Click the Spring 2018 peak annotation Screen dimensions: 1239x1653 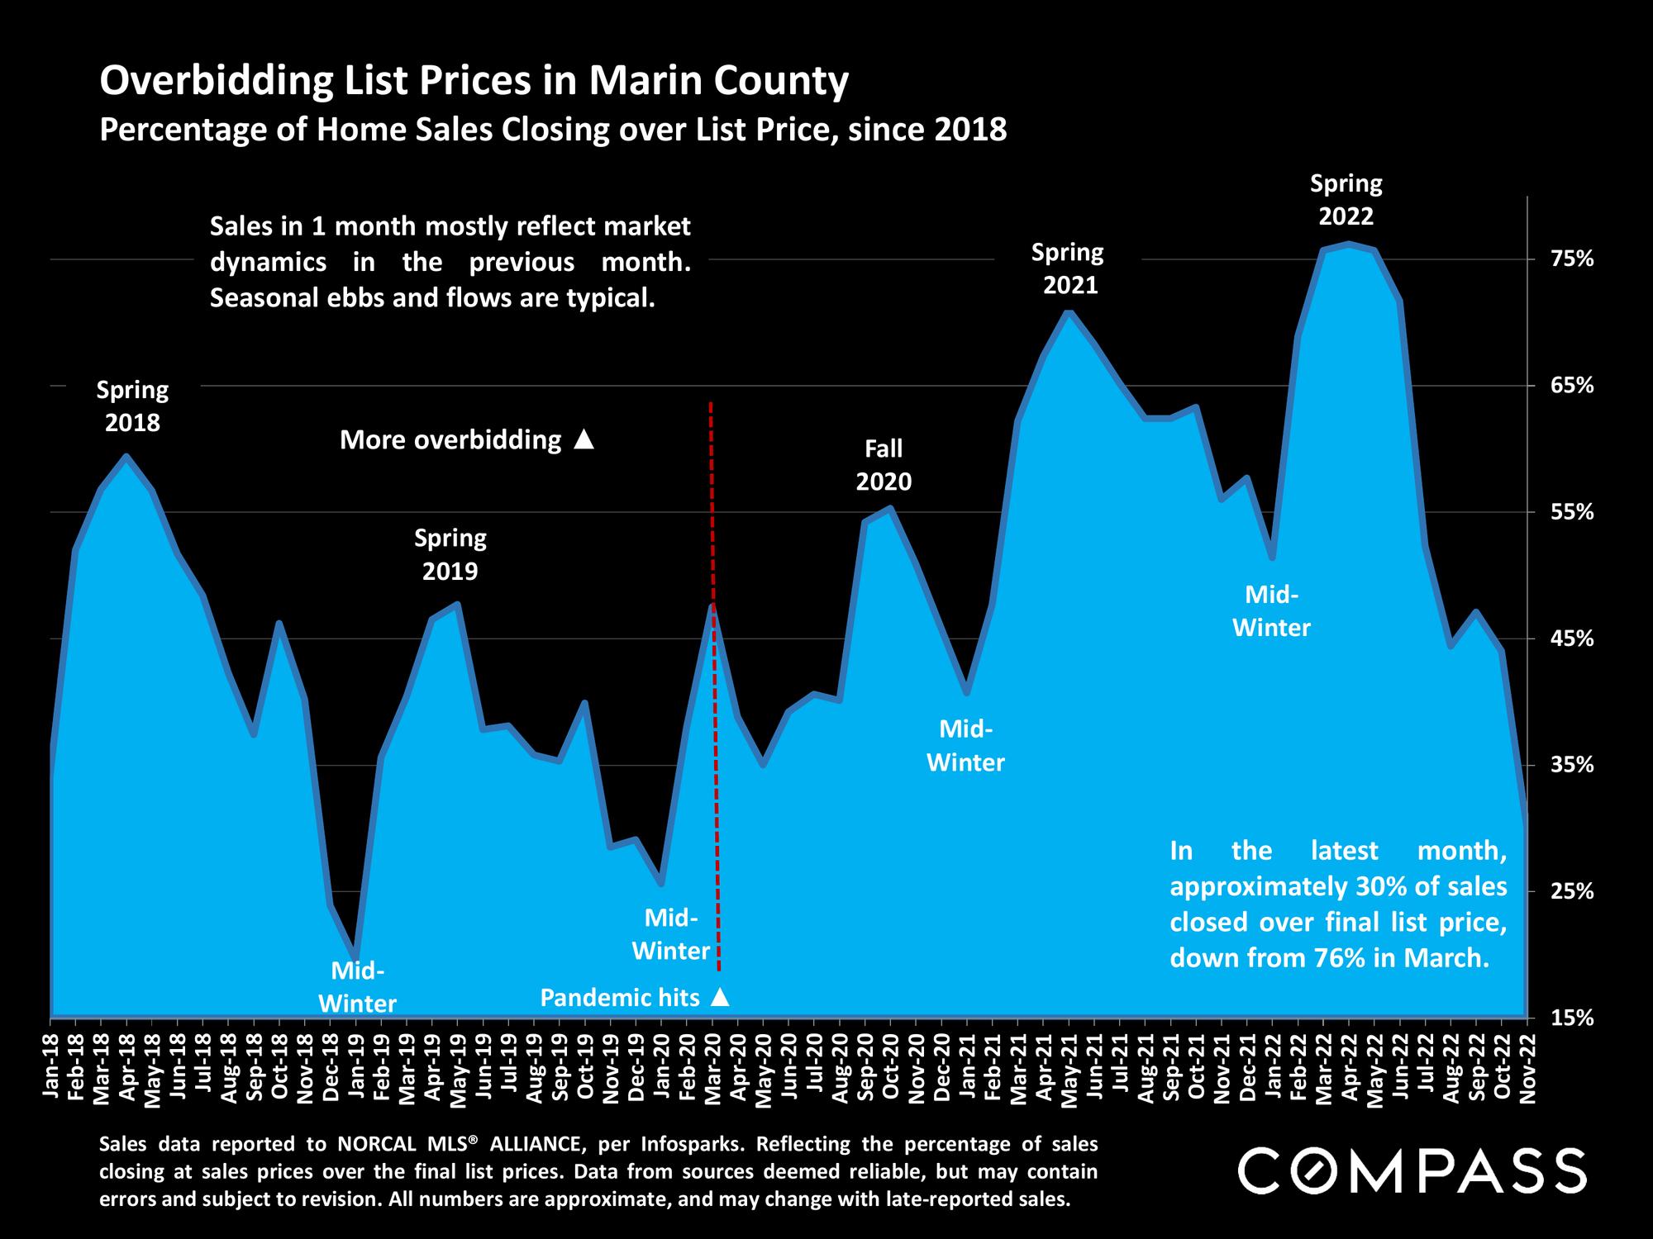(x=132, y=406)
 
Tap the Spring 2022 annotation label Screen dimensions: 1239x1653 (x=1346, y=200)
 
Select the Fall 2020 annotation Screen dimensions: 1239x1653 (x=884, y=465)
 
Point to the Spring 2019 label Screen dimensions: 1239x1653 (x=450, y=555)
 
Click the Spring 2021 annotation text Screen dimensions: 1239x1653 (x=1068, y=268)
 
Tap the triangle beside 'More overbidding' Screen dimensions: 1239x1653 (x=584, y=439)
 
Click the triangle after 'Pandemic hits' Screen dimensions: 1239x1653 (x=720, y=998)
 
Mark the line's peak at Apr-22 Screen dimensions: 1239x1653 (x=1349, y=244)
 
